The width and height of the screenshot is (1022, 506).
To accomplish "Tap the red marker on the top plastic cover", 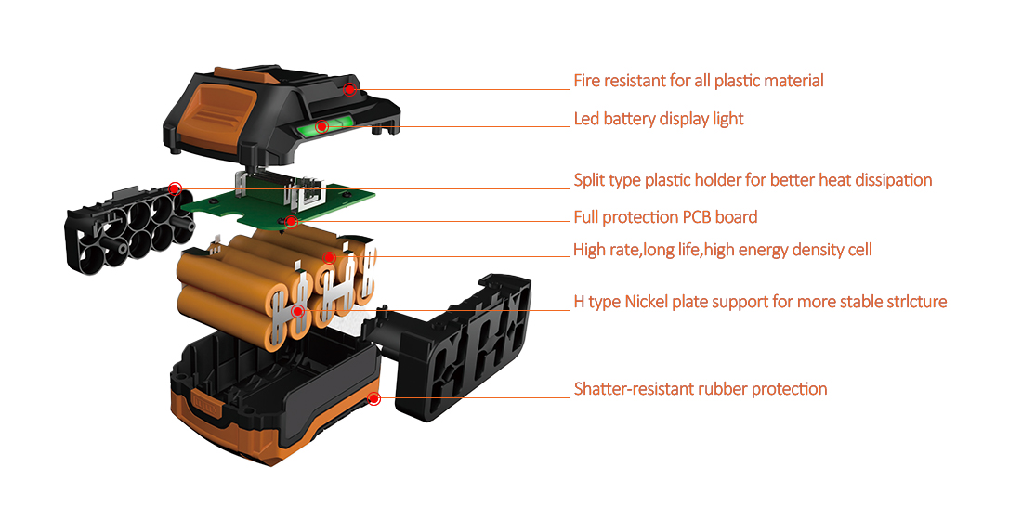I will pyautogui.click(x=349, y=89).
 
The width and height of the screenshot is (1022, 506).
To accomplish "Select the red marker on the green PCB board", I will pyautogui.click(x=291, y=221).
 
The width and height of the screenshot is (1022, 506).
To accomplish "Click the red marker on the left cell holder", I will pyautogui.click(x=175, y=188).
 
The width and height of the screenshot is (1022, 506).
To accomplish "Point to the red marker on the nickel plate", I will pyautogui.click(x=297, y=311).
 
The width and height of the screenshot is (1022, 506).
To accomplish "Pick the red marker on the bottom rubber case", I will pyautogui.click(x=373, y=399).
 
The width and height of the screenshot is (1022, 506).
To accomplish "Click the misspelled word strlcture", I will pyautogui.click(x=915, y=302).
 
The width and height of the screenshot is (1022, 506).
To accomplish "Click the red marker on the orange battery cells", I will pyautogui.click(x=328, y=257).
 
